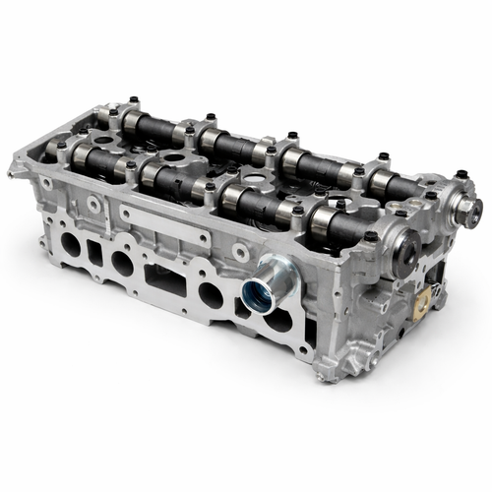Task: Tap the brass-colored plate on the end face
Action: pyautogui.click(x=427, y=298)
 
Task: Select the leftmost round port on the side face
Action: pyautogui.click(x=71, y=241)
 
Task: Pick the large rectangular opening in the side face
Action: pyautogui.click(x=163, y=280)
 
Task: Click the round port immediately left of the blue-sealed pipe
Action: pyautogui.click(x=210, y=292)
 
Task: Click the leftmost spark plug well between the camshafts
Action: pyautogui.click(x=169, y=158)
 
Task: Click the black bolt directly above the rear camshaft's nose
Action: pyautogui.click(x=458, y=177)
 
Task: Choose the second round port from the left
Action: pyautogui.click(x=121, y=261)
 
